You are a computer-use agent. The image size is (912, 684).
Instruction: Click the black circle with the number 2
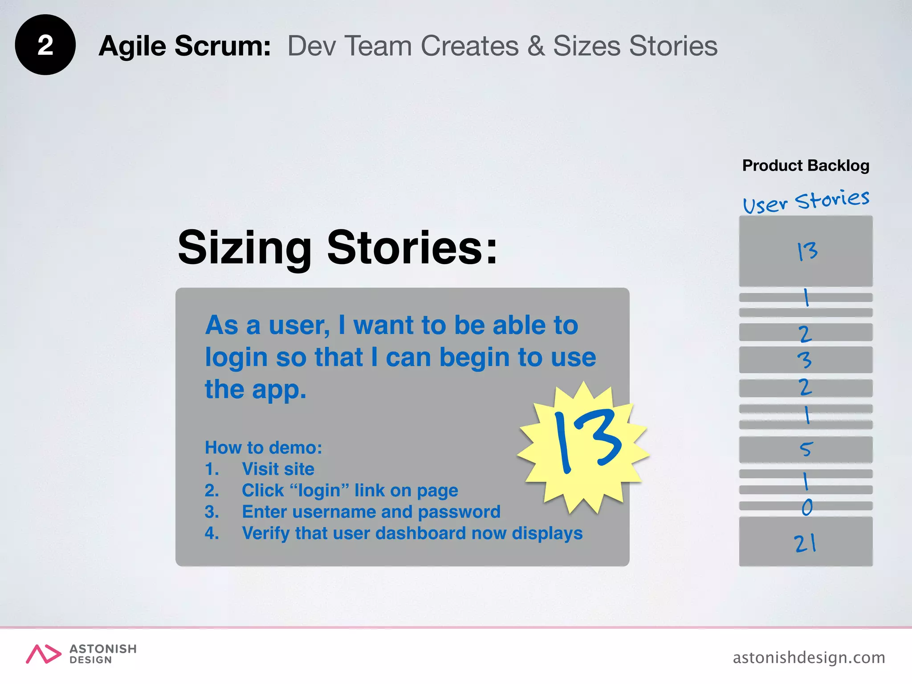[45, 45]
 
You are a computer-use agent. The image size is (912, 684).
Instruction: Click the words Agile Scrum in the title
[184, 46]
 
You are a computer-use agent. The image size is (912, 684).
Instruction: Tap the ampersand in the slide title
[536, 46]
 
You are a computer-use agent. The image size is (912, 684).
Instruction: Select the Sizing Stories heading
[337, 248]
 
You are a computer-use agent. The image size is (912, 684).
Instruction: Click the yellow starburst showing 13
[584, 445]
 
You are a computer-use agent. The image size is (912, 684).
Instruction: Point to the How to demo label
[263, 448]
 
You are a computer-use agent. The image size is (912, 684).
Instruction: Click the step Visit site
[278, 469]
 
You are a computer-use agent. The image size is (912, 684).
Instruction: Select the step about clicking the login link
[350, 490]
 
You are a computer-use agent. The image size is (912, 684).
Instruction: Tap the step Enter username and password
[371, 512]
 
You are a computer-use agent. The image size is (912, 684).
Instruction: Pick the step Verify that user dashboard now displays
[412, 533]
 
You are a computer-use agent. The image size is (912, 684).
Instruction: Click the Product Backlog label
[806, 166]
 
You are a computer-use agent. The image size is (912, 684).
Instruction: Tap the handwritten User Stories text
[806, 200]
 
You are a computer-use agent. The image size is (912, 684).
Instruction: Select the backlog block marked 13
[806, 251]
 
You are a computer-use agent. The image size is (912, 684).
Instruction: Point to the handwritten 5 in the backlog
[806, 449]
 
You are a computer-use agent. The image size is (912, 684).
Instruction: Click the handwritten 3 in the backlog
[805, 360]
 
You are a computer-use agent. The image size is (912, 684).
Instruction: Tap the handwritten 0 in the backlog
[807, 507]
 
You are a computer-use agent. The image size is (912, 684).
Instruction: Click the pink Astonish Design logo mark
[43, 654]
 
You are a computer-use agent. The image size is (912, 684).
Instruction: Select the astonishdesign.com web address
[809, 657]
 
